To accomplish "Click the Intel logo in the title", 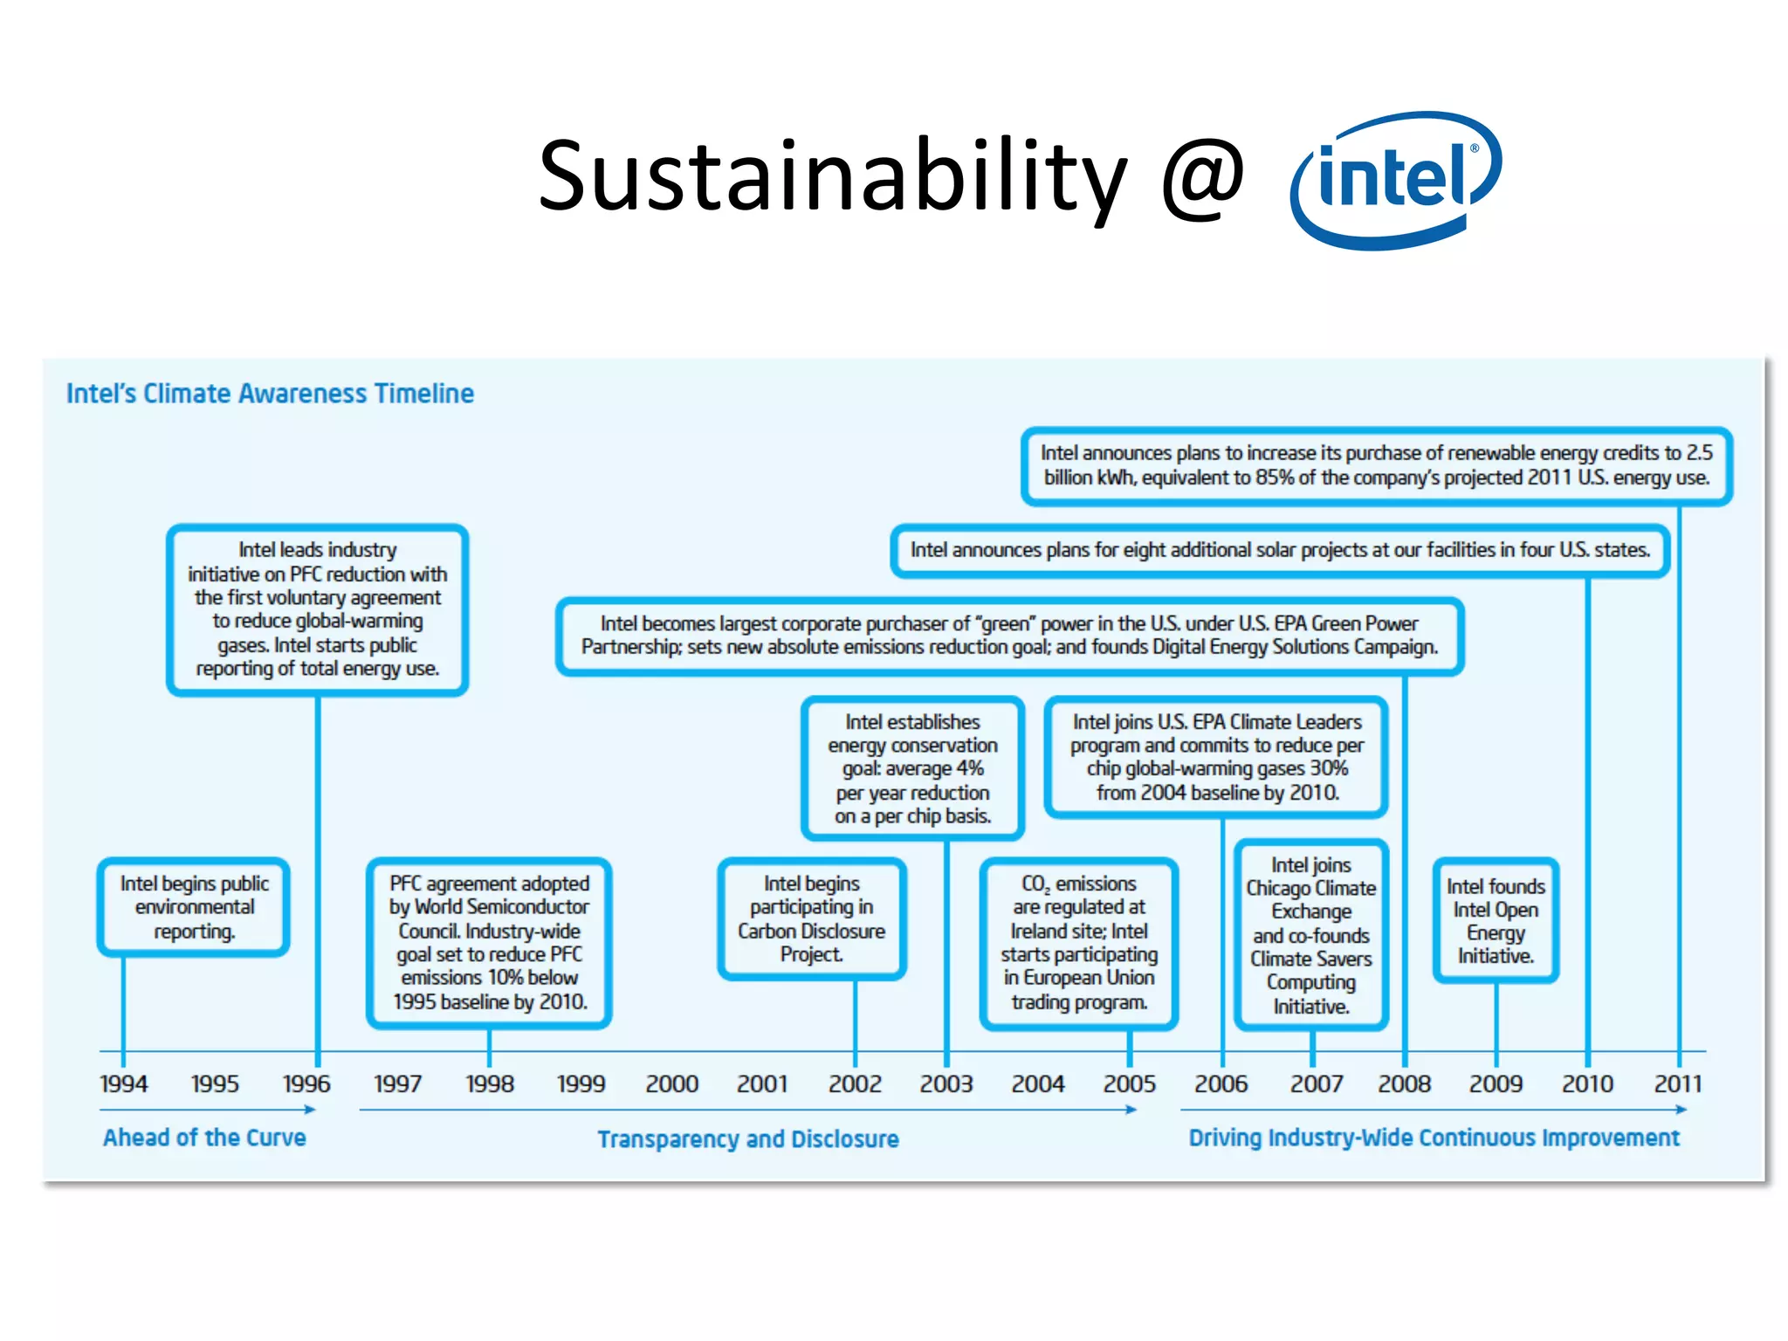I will [1395, 180].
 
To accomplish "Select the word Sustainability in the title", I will [833, 177].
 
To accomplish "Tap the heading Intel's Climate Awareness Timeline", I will [271, 394].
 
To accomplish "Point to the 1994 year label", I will [123, 1083].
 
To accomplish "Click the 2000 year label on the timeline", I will [671, 1083].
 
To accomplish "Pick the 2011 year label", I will [1678, 1083].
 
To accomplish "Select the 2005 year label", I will [1129, 1083].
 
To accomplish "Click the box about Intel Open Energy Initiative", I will [1496, 921].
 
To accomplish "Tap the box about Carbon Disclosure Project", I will [812, 919].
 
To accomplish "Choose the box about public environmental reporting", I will [194, 907].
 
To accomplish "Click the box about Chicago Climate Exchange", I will [1311, 935].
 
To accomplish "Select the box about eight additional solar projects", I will [1280, 550].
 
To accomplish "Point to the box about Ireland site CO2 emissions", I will [1079, 943].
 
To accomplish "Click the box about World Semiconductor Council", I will [489, 943].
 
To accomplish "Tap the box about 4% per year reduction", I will [912, 768].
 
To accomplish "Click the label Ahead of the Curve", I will [204, 1138].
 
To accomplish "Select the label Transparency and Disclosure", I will [748, 1139].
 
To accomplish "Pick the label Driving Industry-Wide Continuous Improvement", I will [1434, 1138].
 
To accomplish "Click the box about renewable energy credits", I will [1377, 465].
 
